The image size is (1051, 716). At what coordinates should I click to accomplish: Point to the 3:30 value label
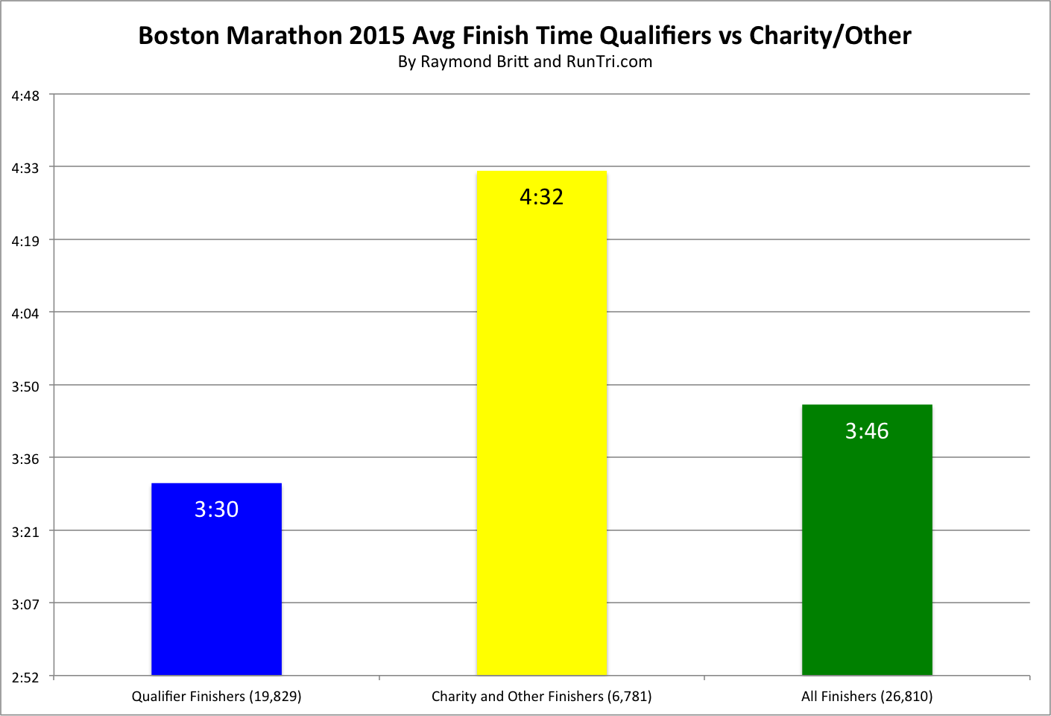tap(216, 509)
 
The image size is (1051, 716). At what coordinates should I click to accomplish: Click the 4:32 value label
tap(541, 197)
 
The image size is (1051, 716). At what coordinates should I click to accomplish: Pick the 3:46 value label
tap(867, 431)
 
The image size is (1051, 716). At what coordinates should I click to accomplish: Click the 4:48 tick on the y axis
tap(25, 95)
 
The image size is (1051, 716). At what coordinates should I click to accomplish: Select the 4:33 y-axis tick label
tap(25, 169)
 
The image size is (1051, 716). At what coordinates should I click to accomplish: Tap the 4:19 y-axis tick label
tap(25, 241)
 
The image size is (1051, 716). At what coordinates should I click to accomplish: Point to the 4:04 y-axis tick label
tap(25, 314)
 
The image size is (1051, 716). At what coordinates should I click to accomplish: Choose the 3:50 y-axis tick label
tap(25, 386)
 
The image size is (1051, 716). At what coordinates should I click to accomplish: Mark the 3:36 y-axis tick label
tap(25, 459)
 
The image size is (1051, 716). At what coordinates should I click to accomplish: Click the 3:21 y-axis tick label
tap(25, 532)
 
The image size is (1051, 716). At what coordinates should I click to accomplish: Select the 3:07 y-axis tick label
tap(25, 604)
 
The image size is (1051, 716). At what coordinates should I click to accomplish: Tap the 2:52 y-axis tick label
tap(25, 677)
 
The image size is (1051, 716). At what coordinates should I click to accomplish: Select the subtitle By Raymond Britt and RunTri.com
tap(525, 62)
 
